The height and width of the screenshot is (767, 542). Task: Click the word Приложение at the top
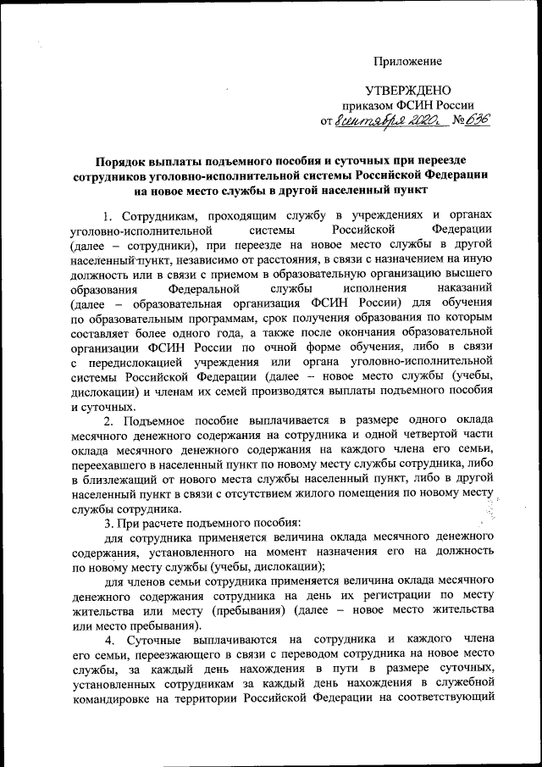pos(409,62)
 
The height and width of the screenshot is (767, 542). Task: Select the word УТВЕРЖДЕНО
pos(407,91)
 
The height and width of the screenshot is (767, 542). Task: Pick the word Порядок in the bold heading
pos(121,159)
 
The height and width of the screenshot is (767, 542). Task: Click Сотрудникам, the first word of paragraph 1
pos(158,215)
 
